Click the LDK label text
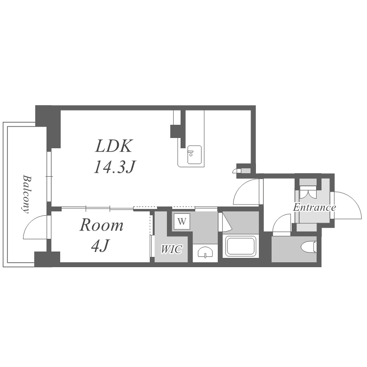[x=114, y=146]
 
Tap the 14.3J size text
[x=115, y=167]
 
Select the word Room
[x=101, y=225]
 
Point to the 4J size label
[x=100, y=246]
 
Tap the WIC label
[x=171, y=249]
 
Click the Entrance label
[x=314, y=207]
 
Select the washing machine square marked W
[x=182, y=221]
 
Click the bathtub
[x=241, y=246]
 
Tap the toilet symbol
[x=309, y=247]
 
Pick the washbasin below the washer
[x=205, y=252]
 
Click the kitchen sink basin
[x=194, y=155]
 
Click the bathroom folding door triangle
[x=227, y=222]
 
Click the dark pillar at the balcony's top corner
[x=48, y=127]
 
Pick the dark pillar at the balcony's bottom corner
[x=47, y=259]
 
